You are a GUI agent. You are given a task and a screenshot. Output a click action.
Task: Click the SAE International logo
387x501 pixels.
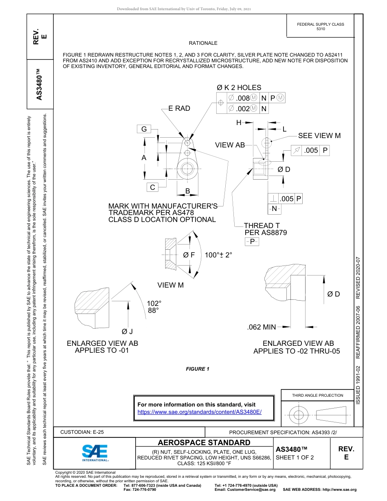pos(95,452)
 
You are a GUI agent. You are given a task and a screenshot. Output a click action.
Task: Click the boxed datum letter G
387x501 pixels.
pos(144,129)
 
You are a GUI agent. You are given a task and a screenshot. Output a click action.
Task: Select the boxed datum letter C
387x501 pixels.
pos(152,187)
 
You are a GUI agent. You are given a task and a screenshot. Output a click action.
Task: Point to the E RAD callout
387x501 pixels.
pos(179,108)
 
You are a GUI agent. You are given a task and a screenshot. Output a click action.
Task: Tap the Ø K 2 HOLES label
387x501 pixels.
pos(239,88)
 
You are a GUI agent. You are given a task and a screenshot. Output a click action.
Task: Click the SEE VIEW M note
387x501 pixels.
pos(319,136)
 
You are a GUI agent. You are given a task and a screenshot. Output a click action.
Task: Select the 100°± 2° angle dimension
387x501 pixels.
pos(218,255)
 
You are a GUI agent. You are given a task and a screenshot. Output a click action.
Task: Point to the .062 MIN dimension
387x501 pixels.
pos(262,327)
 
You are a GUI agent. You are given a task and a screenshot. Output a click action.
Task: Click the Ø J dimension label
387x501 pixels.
pos(128,332)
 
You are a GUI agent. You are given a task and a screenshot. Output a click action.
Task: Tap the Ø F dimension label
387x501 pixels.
pos(189,255)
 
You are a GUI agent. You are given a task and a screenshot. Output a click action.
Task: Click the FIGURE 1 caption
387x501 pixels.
pos(198,369)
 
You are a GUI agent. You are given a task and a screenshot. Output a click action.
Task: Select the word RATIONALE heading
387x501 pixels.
pos(203,43)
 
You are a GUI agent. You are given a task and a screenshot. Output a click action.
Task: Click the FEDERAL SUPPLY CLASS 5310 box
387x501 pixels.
pos(320,26)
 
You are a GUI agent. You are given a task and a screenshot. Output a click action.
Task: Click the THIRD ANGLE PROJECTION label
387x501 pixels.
pos(317,395)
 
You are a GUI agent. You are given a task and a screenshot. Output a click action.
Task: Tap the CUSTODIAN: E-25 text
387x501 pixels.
pos(82,432)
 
